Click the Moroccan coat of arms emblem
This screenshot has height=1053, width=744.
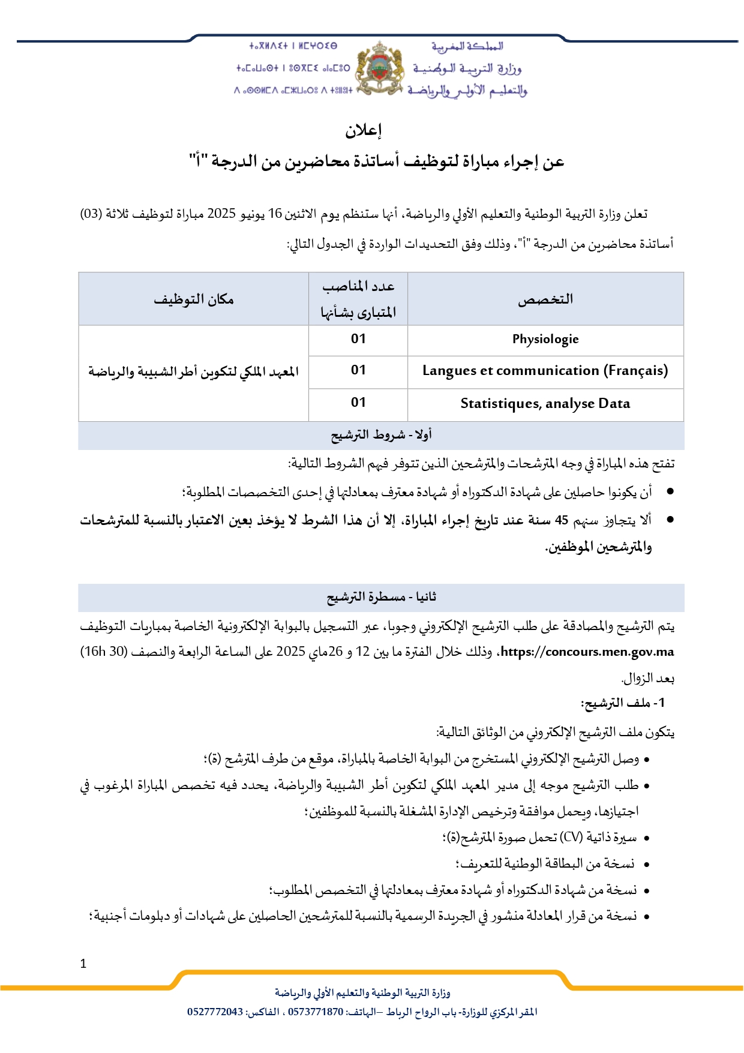[x=379, y=68]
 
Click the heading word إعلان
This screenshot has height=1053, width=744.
[x=364, y=130]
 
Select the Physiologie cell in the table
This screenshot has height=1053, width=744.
[x=545, y=340]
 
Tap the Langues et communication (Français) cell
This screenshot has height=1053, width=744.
[x=545, y=371]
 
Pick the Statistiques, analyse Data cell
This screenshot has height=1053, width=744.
[x=545, y=404]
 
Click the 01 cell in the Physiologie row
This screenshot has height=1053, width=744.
[x=358, y=340]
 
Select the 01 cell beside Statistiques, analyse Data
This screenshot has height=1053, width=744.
[x=358, y=403]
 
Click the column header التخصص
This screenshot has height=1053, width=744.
[x=545, y=299]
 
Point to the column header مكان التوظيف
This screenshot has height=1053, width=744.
[x=194, y=299]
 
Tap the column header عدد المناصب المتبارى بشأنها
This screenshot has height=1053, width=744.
[x=358, y=299]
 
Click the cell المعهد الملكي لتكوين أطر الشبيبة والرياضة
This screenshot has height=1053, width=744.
[x=194, y=373]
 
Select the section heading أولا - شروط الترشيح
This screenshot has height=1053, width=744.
[x=381, y=435]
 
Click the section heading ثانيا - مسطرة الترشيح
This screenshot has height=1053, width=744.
[x=381, y=597]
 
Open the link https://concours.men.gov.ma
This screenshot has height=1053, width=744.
[x=587, y=652]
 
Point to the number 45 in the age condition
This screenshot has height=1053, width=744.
[x=561, y=520]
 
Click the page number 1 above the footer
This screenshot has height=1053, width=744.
[x=83, y=964]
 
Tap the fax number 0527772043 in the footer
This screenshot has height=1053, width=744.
[x=215, y=1012]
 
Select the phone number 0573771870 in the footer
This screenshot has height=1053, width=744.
[x=316, y=1012]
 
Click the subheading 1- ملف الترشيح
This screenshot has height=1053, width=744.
[x=623, y=703]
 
